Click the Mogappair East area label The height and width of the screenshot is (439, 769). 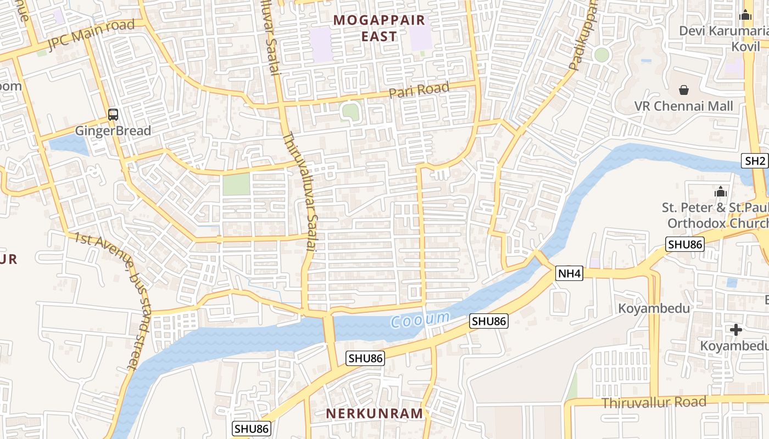coord(379,29)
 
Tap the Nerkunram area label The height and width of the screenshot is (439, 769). coord(375,413)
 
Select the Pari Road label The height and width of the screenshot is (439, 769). coord(419,89)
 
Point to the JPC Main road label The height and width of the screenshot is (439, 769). coord(91,35)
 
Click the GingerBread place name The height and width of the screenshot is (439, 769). coord(113,131)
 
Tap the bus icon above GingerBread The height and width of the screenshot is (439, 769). coord(113,115)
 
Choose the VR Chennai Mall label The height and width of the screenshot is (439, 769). coord(684,106)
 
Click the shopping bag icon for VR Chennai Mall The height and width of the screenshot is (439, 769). coord(684,89)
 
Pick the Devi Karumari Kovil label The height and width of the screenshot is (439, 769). coord(723,38)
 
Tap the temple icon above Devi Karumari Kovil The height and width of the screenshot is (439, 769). coord(745,15)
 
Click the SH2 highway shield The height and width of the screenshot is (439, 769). coord(755,161)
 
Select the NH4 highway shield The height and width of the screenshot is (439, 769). coord(569,273)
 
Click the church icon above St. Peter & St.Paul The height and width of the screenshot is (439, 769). coord(720,192)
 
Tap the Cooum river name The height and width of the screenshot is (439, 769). coord(420,319)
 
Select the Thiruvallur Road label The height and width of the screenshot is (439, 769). coord(654,402)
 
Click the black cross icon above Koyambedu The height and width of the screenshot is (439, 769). coord(736,329)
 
